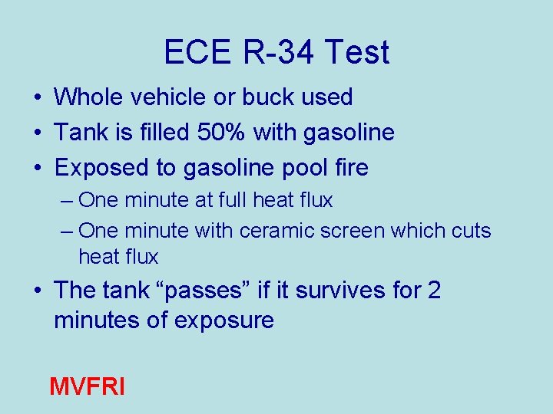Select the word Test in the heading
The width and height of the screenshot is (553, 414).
[x=357, y=52]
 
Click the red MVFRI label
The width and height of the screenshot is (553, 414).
[x=86, y=386]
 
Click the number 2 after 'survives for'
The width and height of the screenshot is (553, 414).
[x=434, y=291]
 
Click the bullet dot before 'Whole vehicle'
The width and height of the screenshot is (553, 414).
[x=37, y=98]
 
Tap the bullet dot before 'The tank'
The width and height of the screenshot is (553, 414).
[x=37, y=291]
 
